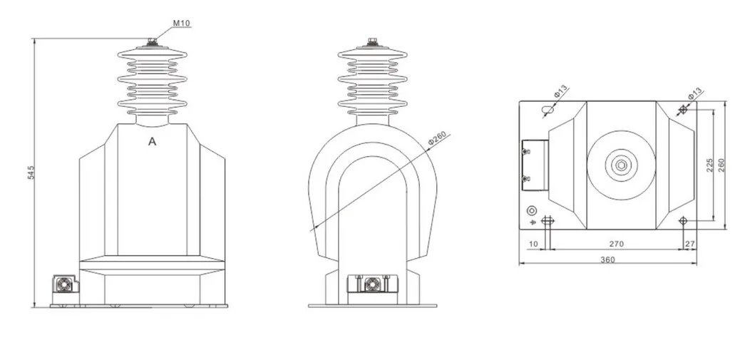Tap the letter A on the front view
[x=152, y=142]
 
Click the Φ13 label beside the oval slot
[x=561, y=93]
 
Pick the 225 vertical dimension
[x=709, y=165]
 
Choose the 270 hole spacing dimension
[x=616, y=244]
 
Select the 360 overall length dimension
[x=607, y=259]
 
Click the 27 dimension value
[x=689, y=244]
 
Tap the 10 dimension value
[x=533, y=244]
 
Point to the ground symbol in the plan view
[x=532, y=222]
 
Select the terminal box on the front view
[x=64, y=286]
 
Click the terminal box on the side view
[x=371, y=284]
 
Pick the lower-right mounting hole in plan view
[x=683, y=221]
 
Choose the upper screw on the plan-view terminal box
[x=526, y=151]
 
